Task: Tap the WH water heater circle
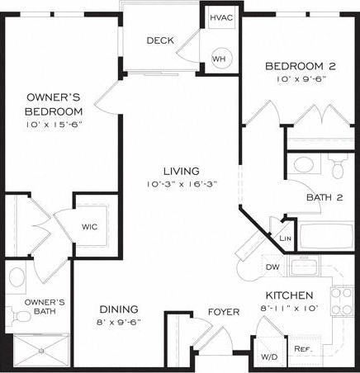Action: [x=220, y=59]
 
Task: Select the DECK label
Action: [x=159, y=40]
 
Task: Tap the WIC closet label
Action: [x=90, y=225]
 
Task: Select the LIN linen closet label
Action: [x=286, y=238]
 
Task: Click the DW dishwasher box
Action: [x=273, y=267]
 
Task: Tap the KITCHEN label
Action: [x=288, y=295]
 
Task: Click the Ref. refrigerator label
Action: [x=302, y=349]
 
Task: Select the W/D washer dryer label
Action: [x=268, y=357]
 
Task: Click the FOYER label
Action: [x=223, y=312]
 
